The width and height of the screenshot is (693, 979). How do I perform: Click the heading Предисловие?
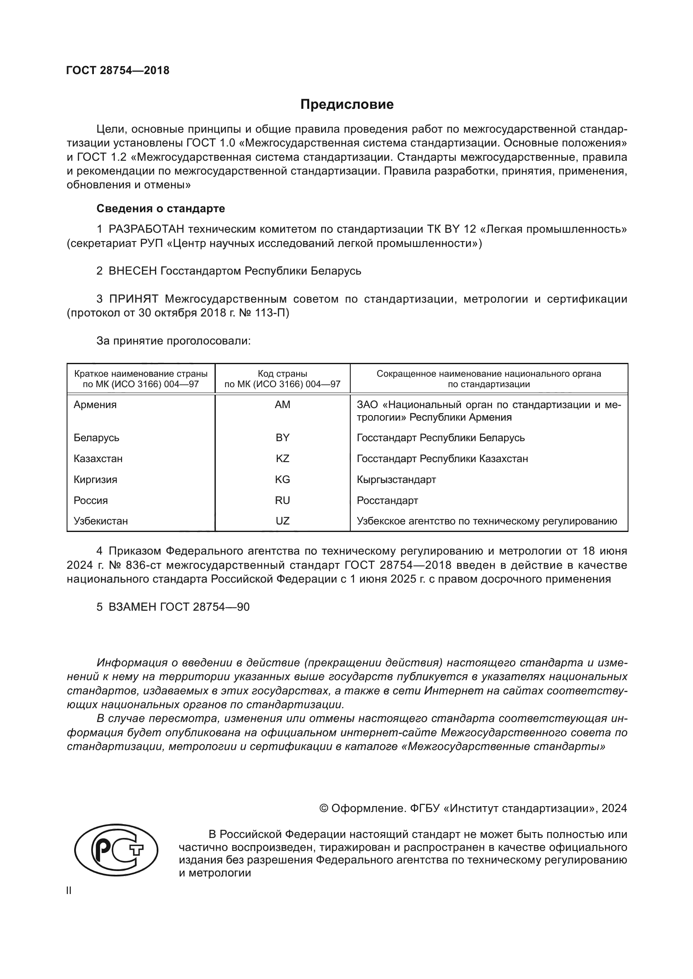pyautogui.click(x=346, y=105)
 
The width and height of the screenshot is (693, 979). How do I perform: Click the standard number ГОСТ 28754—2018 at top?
pyautogui.click(x=118, y=70)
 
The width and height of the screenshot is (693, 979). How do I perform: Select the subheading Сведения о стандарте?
pyautogui.click(x=160, y=208)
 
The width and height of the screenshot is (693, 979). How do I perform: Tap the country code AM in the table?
pyautogui.click(x=282, y=405)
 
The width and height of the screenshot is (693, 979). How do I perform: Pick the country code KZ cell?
pyautogui.click(x=282, y=459)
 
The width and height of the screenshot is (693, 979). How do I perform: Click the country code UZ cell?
pyautogui.click(x=282, y=521)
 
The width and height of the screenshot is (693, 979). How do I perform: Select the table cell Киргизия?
pyautogui.click(x=95, y=480)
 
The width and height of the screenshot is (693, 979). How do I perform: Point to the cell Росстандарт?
pyautogui.click(x=387, y=501)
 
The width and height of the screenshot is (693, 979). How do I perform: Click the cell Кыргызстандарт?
pyautogui.click(x=396, y=480)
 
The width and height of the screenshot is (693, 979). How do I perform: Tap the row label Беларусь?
pyautogui.click(x=96, y=438)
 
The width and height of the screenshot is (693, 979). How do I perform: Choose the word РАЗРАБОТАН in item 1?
pyautogui.click(x=146, y=229)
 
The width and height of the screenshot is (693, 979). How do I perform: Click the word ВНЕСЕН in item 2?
pyautogui.click(x=133, y=271)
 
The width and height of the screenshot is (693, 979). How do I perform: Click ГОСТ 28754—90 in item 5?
pyautogui.click(x=204, y=607)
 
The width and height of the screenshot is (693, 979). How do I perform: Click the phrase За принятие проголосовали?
pyautogui.click(x=173, y=341)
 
